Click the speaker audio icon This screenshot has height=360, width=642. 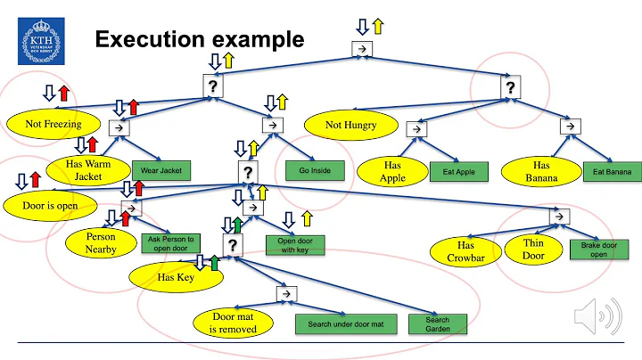[x=594, y=315]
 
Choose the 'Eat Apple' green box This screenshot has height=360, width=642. [x=453, y=170]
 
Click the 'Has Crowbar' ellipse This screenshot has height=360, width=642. [x=466, y=251]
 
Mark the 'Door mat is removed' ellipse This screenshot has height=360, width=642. [x=233, y=323]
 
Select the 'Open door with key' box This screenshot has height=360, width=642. [x=295, y=245]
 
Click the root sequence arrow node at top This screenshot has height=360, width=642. [x=362, y=49]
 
